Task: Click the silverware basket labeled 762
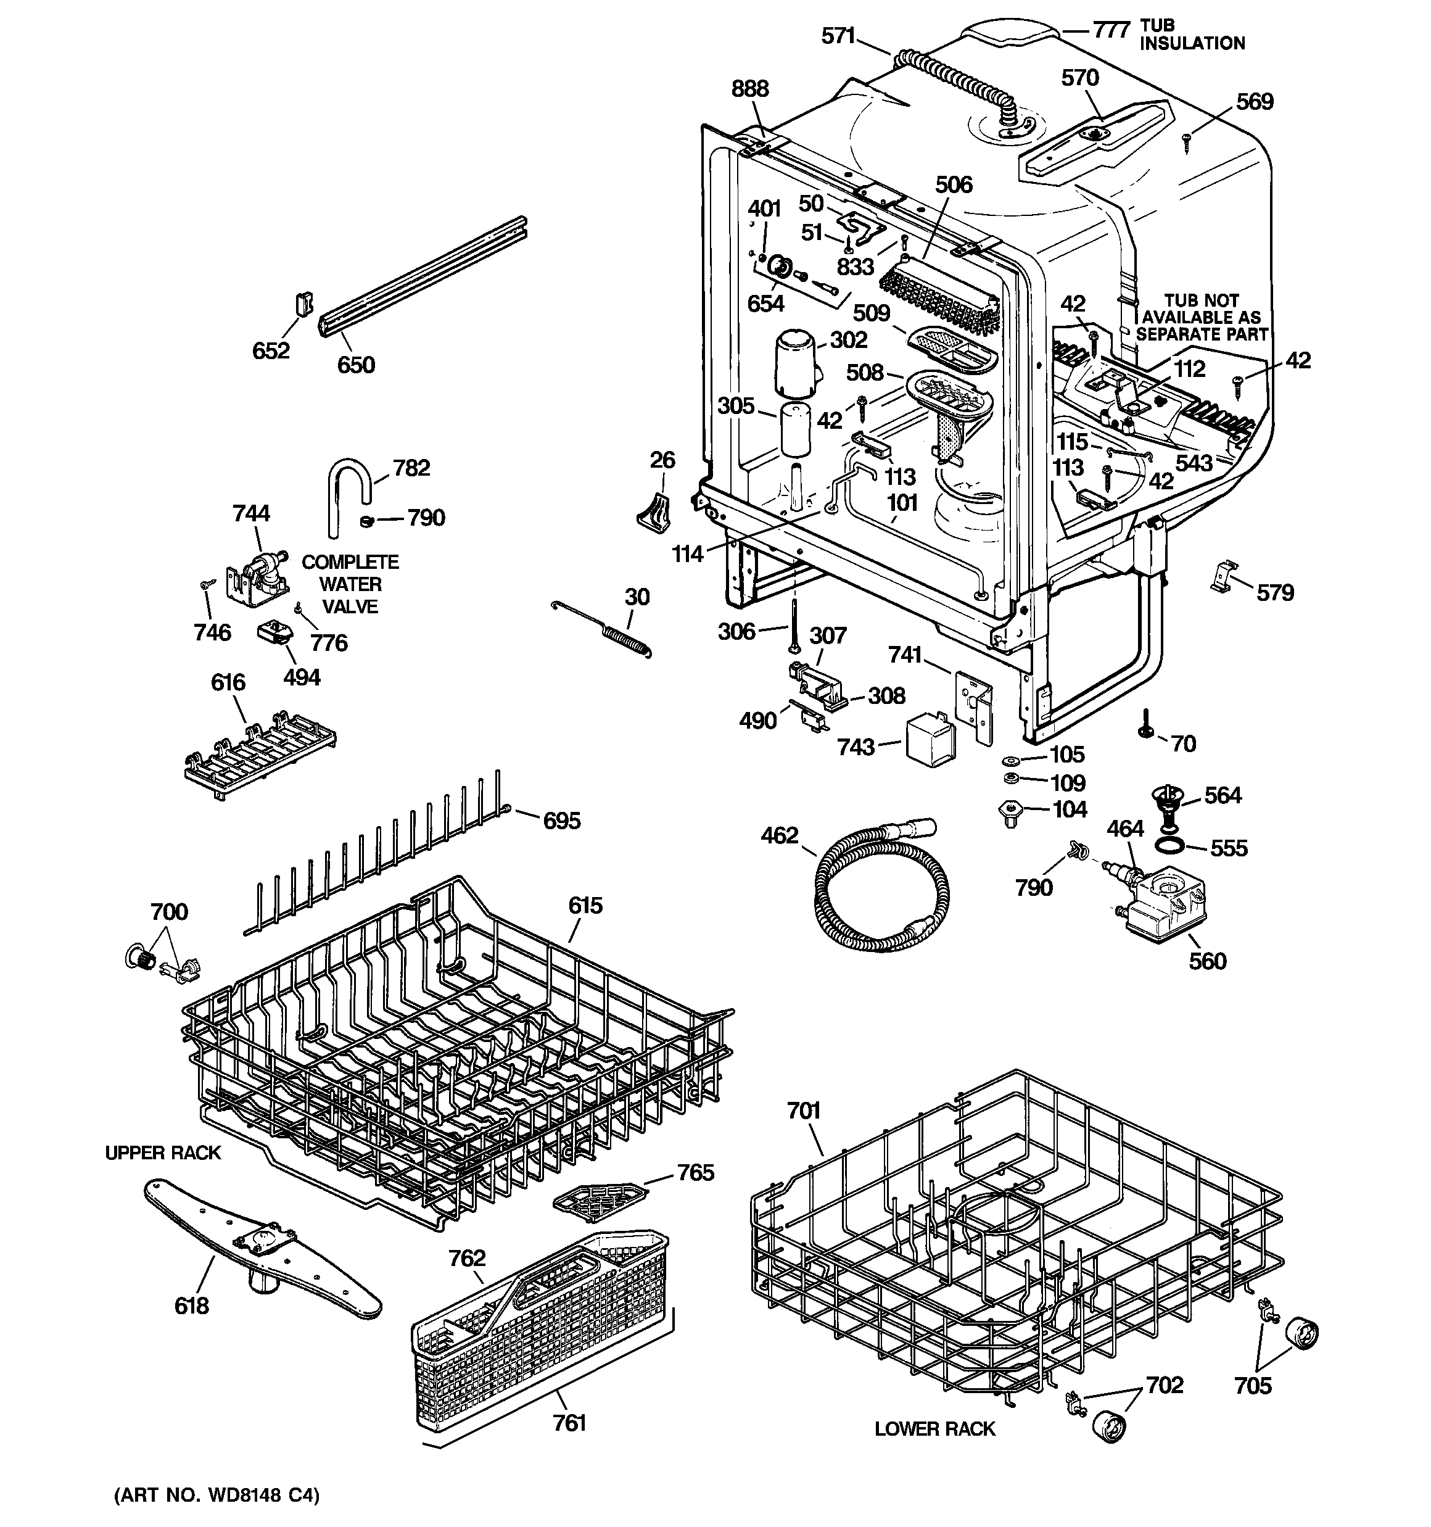click(x=538, y=1329)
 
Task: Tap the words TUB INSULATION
click(x=1191, y=35)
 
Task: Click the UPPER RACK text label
click(x=163, y=1152)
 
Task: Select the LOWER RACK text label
click(x=935, y=1429)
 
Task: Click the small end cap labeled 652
click(x=303, y=304)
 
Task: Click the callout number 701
click(x=804, y=1111)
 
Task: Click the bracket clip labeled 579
click(x=1225, y=577)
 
